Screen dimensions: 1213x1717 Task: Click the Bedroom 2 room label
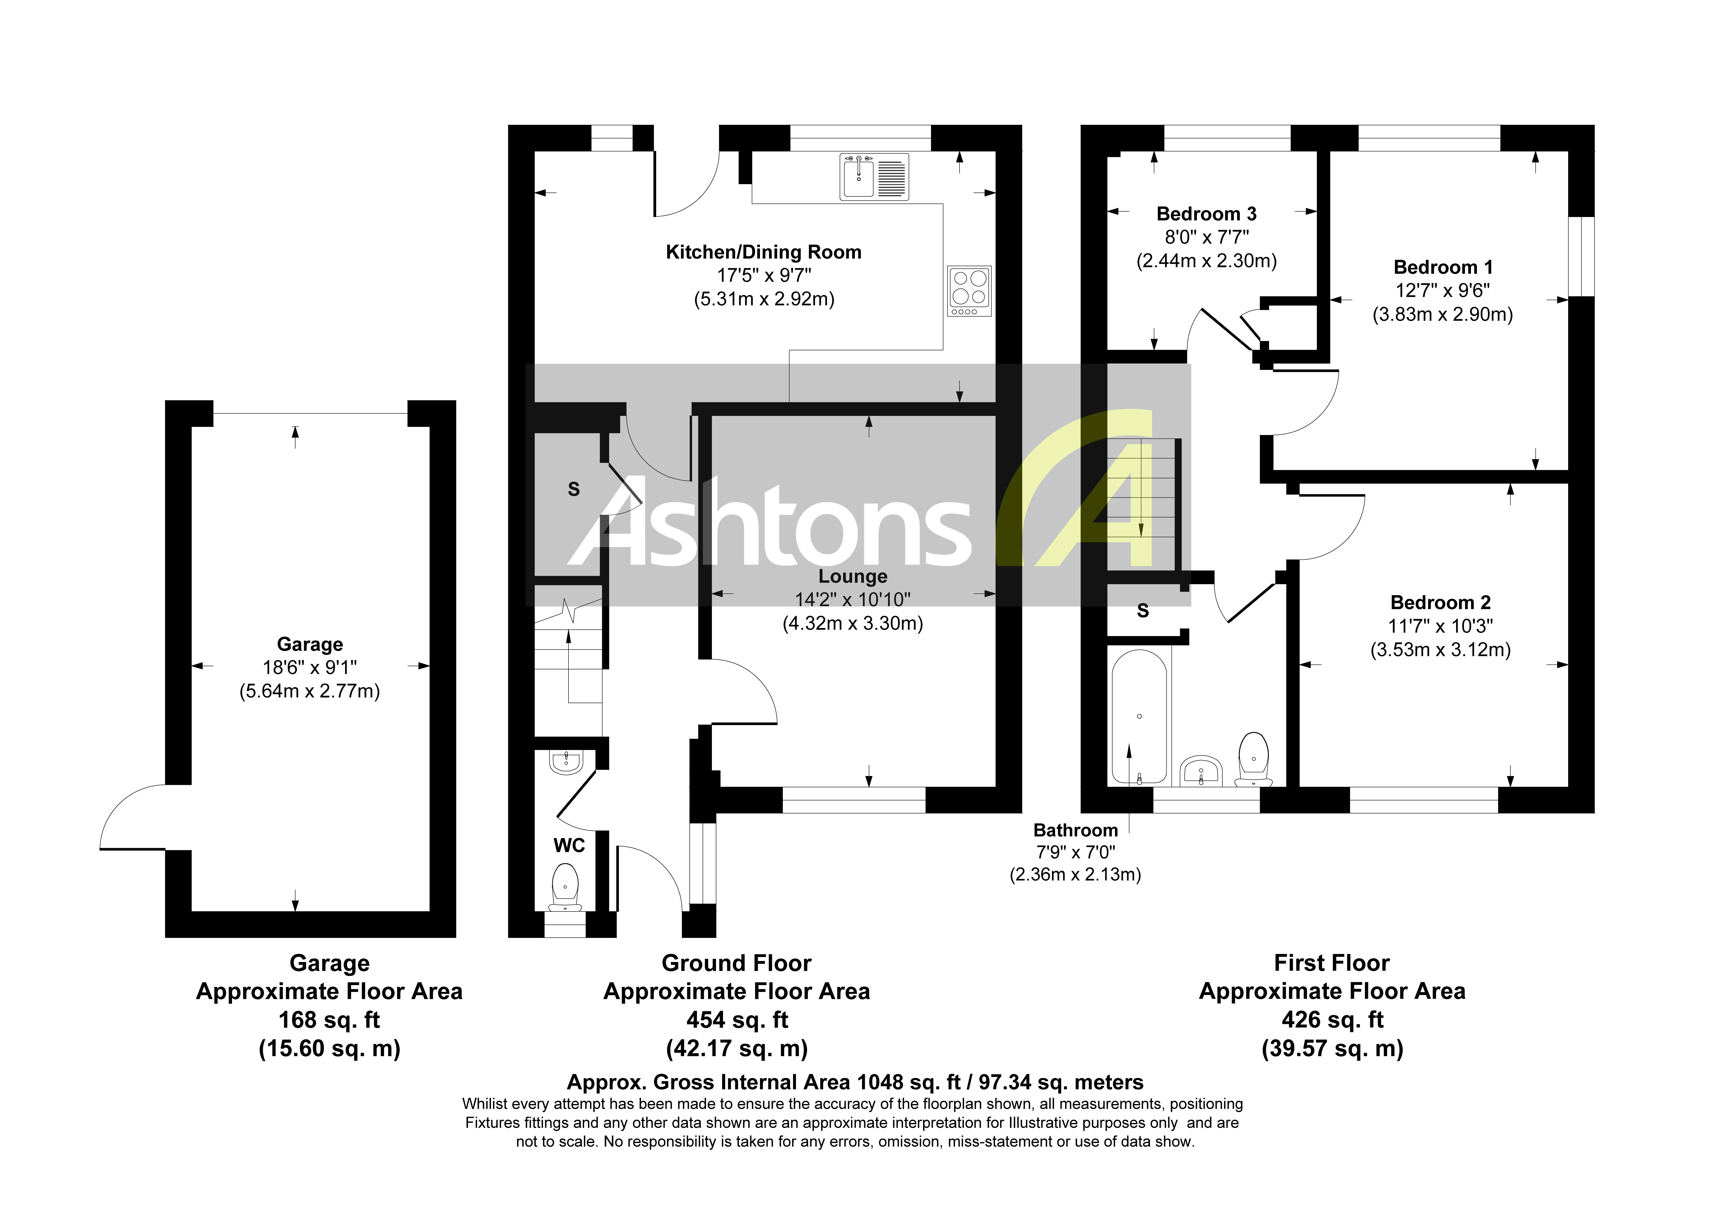pyautogui.click(x=1440, y=603)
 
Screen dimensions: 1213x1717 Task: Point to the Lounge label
pyautogui.click(x=853, y=576)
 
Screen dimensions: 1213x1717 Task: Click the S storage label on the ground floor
pyautogui.click(x=574, y=490)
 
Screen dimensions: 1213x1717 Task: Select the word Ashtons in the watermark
pyautogui.click(x=770, y=523)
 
